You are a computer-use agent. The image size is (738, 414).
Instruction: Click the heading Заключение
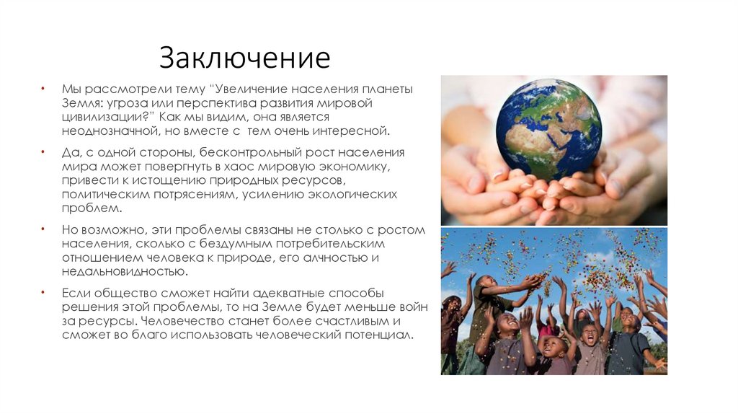244,58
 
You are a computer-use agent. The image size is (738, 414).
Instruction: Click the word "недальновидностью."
124,272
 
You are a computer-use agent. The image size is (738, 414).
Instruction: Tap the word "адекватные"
265,294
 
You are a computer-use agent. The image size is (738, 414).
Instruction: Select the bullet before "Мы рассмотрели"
43,89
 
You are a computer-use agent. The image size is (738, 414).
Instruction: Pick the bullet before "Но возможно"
43,230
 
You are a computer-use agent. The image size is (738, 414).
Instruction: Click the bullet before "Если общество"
43,294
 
